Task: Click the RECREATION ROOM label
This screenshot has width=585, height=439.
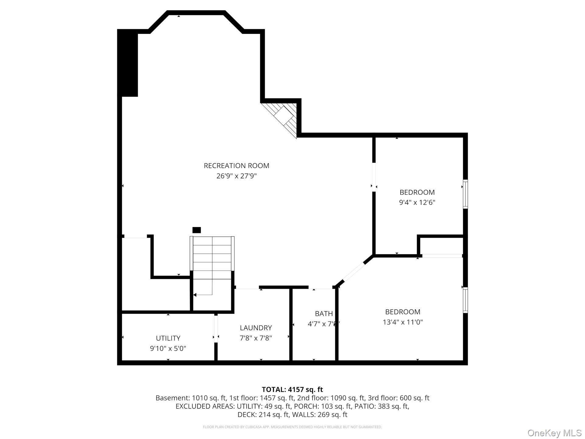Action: tap(236, 166)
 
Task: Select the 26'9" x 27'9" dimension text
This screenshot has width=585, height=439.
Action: tap(236, 176)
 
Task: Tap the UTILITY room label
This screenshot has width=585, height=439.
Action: tap(168, 338)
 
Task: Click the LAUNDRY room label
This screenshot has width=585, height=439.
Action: tap(256, 328)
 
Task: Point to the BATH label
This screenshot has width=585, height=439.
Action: tap(324, 313)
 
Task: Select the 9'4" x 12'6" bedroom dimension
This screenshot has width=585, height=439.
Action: tap(417, 202)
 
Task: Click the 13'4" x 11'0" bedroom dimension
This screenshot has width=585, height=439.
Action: tap(403, 322)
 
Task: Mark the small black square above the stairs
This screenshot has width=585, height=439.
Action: tap(197, 230)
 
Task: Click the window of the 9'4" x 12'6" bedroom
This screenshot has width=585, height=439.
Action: tap(465, 194)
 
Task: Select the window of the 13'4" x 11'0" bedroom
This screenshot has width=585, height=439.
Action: tap(465, 300)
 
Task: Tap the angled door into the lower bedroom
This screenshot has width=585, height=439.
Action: tap(353, 272)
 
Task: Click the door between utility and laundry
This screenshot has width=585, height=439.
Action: tap(216, 329)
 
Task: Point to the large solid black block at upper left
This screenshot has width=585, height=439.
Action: tap(128, 63)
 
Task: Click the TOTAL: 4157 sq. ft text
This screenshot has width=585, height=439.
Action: tap(292, 389)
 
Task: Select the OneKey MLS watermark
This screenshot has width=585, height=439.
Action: tap(554, 433)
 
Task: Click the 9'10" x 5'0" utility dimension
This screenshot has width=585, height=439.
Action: tap(168, 348)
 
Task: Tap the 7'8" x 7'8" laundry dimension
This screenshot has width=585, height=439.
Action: tap(256, 338)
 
